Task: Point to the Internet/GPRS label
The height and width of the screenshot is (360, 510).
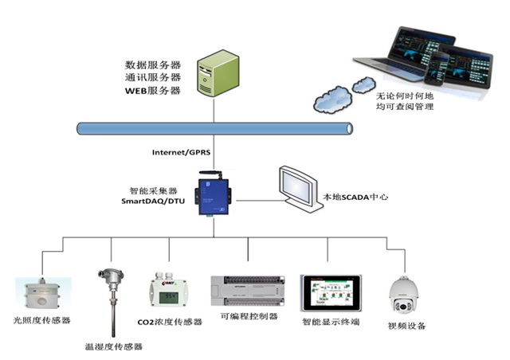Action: pos(181,152)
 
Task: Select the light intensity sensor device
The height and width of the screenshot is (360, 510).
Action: pos(43,294)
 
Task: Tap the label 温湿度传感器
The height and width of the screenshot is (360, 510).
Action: pos(113,346)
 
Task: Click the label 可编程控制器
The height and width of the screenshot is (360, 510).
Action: pos(249,316)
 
